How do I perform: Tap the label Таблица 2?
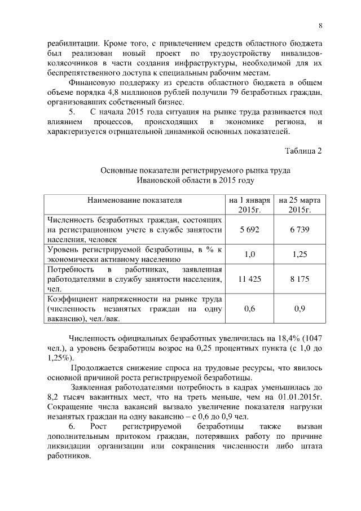(x=303, y=150)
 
